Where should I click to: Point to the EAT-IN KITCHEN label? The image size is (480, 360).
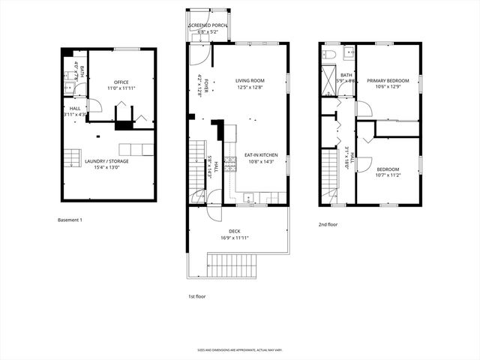point(260,155)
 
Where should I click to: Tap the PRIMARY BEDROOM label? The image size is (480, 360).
point(388,80)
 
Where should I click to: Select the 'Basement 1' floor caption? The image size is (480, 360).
point(70,220)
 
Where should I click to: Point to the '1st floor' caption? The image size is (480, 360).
point(197,296)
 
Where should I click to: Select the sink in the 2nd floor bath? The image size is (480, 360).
point(349,55)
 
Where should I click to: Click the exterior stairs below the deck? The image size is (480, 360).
point(232,266)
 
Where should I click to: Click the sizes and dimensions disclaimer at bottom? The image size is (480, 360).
point(240,349)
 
